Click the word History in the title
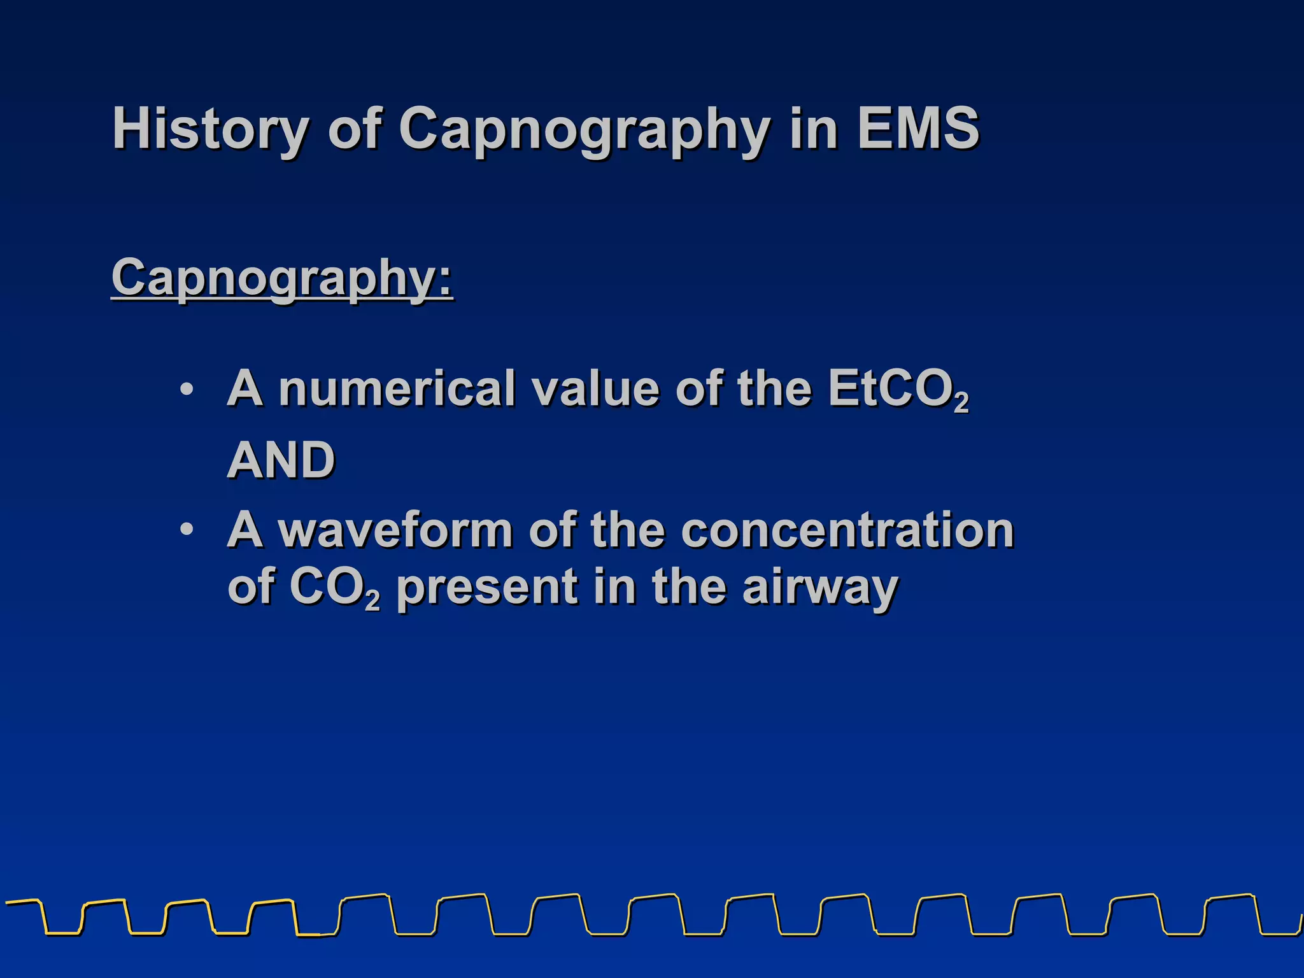coord(211,129)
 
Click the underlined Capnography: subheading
coord(281,278)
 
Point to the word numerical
coord(396,388)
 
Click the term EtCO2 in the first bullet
coord(898,390)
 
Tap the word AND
coord(281,460)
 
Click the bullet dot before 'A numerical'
coord(186,388)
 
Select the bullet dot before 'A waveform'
coord(186,530)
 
